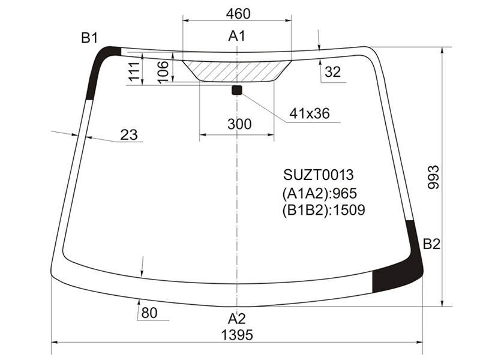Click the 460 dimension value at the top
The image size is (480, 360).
(x=238, y=14)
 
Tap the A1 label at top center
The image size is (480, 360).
(x=236, y=36)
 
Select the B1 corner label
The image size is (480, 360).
(x=89, y=38)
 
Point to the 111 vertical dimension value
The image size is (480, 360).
(x=134, y=71)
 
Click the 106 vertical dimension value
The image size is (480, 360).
(x=163, y=71)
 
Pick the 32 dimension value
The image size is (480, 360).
(x=333, y=71)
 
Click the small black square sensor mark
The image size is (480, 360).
(x=237, y=90)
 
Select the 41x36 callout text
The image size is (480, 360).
(x=310, y=113)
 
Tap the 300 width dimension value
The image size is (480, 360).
(x=239, y=124)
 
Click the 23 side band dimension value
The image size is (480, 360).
(x=129, y=134)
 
